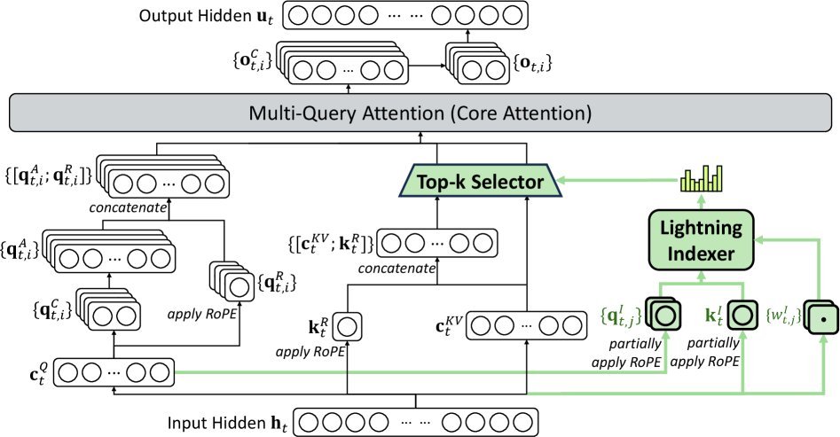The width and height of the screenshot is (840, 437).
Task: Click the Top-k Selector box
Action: (x=478, y=183)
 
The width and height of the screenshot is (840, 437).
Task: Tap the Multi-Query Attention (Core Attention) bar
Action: (x=420, y=114)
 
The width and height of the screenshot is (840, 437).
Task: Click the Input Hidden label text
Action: (x=228, y=418)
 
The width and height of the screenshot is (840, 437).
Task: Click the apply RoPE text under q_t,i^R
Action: (x=219, y=313)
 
